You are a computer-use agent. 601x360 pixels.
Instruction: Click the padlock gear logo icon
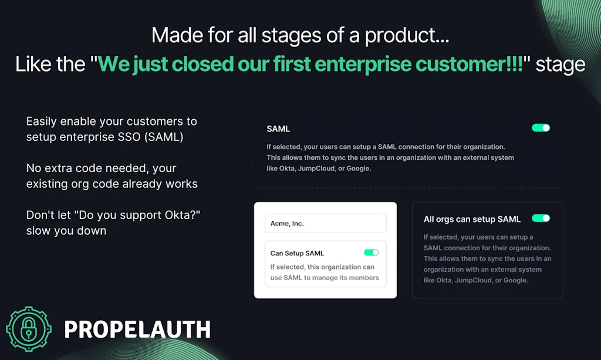(x=29, y=329)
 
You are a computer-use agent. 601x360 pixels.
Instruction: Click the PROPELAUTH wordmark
(x=137, y=330)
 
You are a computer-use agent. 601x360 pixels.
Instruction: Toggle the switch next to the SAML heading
(x=541, y=127)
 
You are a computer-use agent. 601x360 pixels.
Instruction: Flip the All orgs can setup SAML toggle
(x=541, y=218)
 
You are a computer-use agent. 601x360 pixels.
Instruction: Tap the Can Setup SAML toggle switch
(x=371, y=253)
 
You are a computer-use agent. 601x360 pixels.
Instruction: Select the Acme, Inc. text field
(x=325, y=223)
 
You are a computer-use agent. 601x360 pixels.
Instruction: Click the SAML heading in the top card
(x=278, y=129)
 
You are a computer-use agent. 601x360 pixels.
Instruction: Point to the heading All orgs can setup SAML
(x=472, y=219)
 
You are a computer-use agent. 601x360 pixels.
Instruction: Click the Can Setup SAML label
(x=297, y=253)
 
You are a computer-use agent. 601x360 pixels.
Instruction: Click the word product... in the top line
(x=407, y=35)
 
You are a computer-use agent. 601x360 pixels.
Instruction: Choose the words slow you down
(x=66, y=231)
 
